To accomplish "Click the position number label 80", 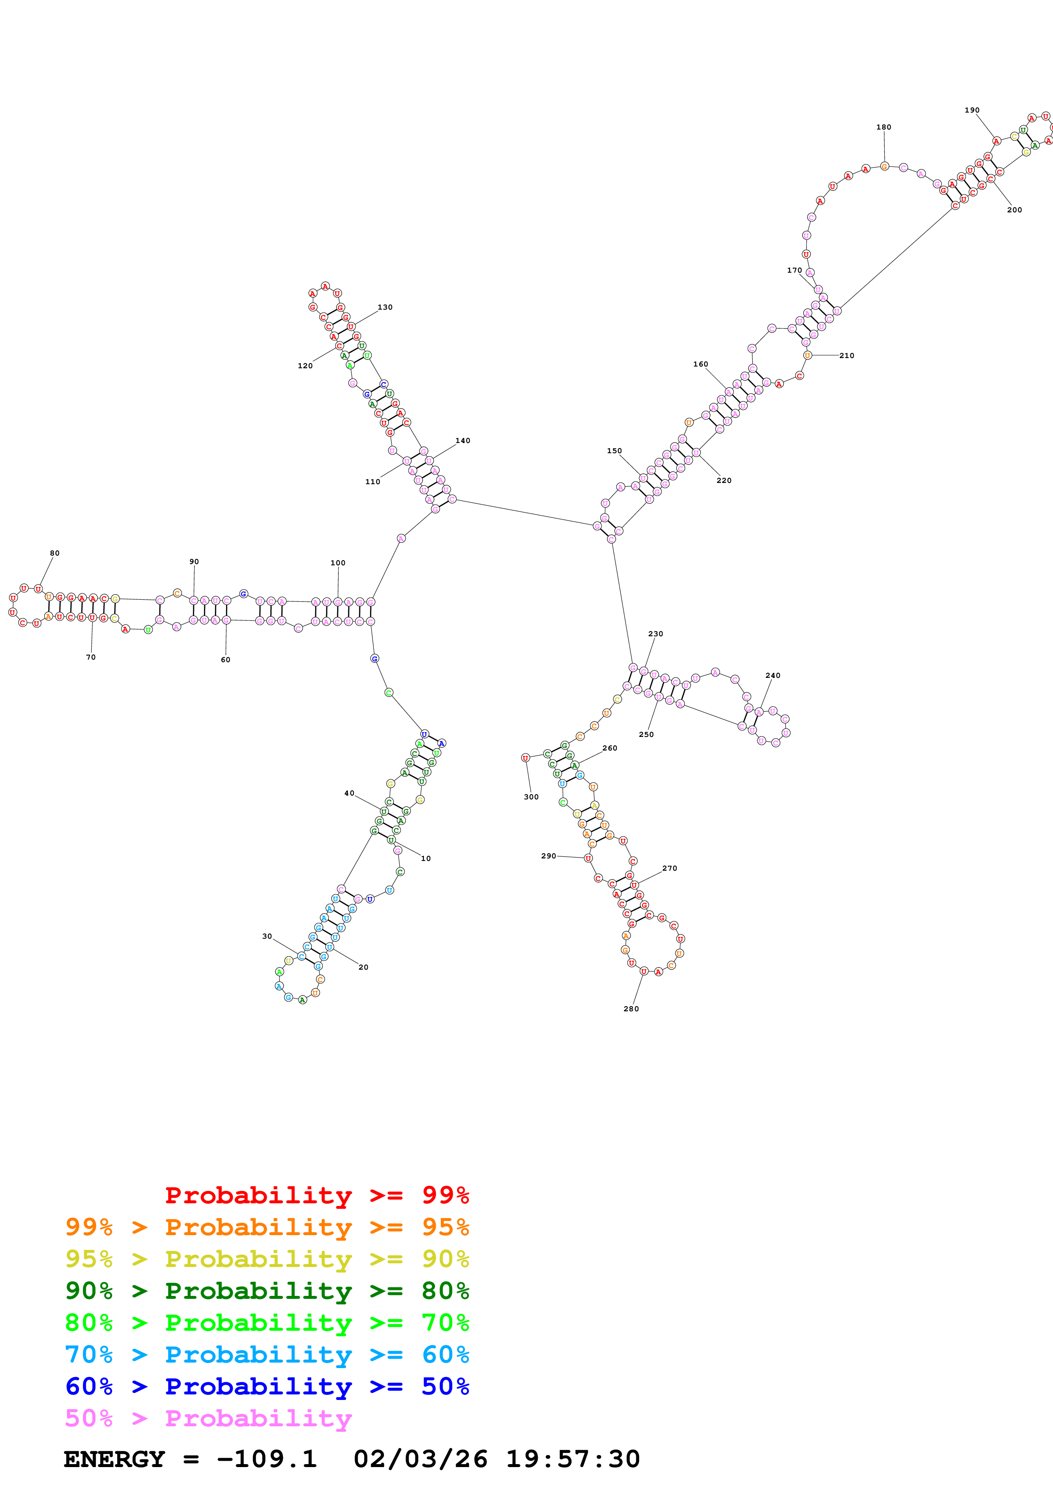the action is coord(54,553).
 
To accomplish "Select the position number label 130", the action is coord(385,307).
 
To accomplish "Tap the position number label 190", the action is coord(971,110).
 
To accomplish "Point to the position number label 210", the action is coord(847,356).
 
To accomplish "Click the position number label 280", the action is coord(631,1008).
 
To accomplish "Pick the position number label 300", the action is coord(531,797).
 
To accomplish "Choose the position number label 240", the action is coord(772,676).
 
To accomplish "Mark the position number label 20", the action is coord(363,967).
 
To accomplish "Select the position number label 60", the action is coord(225,659).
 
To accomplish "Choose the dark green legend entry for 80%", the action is coord(267,1291).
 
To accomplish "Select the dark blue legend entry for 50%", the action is coord(267,1386).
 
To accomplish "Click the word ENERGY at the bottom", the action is coord(114,1459).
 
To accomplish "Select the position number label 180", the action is coord(883,127).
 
